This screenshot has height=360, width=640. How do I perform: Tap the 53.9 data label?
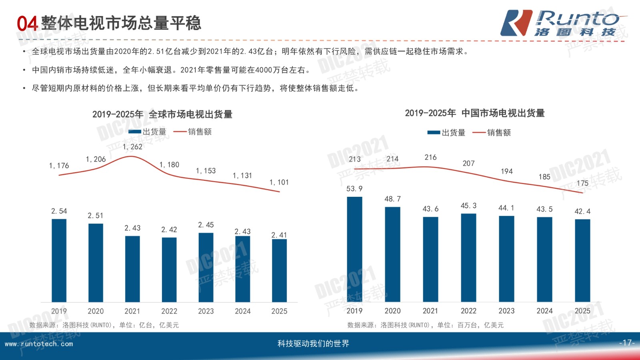[354, 189]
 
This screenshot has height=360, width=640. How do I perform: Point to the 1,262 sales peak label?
[132, 147]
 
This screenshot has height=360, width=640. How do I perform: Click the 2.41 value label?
[279, 235]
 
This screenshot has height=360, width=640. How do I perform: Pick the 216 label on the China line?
[430, 157]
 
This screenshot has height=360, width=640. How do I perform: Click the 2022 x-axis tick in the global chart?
[169, 311]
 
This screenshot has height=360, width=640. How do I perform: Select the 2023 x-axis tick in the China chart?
[506, 311]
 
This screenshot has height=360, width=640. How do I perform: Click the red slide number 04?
[27, 24]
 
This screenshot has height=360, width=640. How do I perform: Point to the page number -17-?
[627, 343]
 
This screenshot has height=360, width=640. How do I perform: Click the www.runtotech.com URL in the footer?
[39, 344]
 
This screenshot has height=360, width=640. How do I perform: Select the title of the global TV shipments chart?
[162, 114]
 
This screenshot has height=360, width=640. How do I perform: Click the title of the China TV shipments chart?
[475, 113]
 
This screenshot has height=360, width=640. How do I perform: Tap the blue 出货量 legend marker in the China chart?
[434, 132]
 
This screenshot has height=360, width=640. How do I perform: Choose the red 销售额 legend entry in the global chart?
[192, 132]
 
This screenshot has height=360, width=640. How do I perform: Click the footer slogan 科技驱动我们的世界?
[313, 344]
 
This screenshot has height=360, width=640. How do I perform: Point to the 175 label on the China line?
[582, 183]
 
